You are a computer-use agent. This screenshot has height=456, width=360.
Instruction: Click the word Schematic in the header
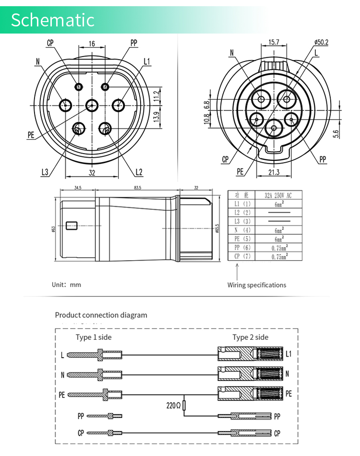pos(53,20)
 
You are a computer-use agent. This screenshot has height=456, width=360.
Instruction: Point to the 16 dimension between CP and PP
pos(92,44)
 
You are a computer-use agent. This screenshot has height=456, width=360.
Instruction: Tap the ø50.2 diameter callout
pos(321,42)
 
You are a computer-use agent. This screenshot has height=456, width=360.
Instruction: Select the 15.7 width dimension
pos(274,42)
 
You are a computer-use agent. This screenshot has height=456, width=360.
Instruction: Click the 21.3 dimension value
pos(274,172)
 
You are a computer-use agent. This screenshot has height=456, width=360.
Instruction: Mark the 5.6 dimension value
pos(336,134)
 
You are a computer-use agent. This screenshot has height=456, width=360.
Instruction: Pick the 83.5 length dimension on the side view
pos(138,188)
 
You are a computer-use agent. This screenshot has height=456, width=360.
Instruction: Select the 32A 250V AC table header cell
pos(278,195)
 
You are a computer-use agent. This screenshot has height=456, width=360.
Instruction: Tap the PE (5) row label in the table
pos(242,239)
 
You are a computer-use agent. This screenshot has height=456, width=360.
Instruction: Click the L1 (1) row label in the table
pos(242,204)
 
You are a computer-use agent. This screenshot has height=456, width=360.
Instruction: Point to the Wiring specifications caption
pos(257,285)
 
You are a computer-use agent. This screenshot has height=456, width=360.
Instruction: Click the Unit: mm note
pos(67,285)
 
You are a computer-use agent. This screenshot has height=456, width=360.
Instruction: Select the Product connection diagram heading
pos(101,315)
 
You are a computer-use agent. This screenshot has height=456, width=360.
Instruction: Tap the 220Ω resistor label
pos(173,406)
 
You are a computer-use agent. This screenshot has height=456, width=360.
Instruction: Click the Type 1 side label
pos(94,337)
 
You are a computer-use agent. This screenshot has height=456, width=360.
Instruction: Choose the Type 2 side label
pos(251,337)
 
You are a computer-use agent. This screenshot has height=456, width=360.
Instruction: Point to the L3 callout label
pos(45,172)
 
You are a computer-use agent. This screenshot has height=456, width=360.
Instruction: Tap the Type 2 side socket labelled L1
pos(250,355)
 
